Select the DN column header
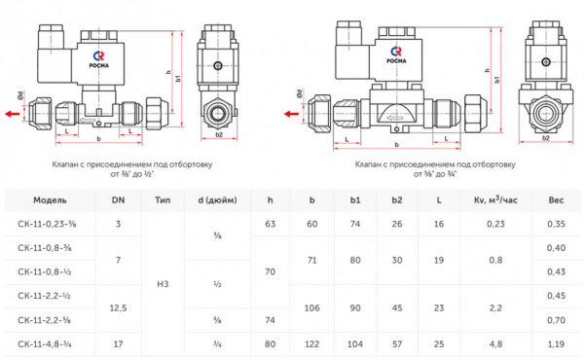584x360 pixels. (x=119, y=199)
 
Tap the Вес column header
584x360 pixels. (x=556, y=199)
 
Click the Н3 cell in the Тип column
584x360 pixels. (x=162, y=283)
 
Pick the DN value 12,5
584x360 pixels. (x=119, y=306)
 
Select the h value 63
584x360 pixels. (x=271, y=224)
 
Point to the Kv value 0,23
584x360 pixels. (x=494, y=224)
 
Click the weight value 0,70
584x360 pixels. (x=556, y=319)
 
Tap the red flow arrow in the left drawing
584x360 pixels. (x=11, y=113)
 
